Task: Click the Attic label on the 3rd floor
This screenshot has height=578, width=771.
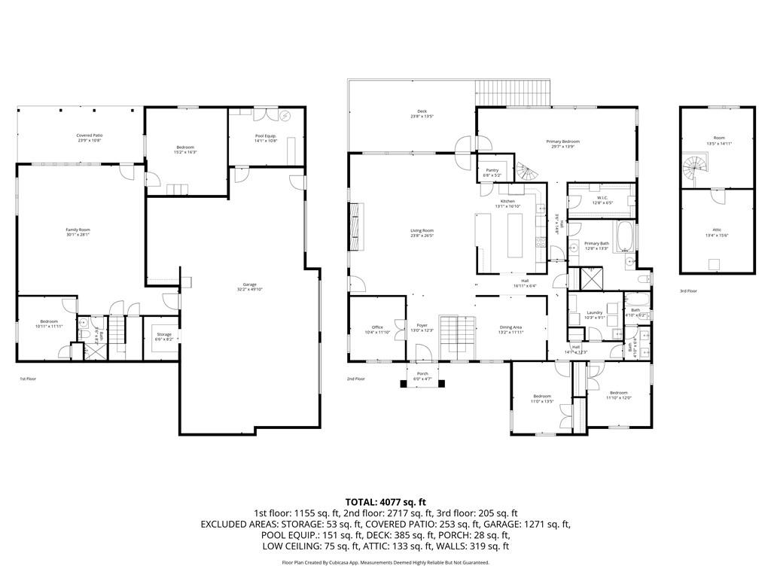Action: (x=717, y=232)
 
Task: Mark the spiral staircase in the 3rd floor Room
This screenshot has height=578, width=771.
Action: (x=695, y=164)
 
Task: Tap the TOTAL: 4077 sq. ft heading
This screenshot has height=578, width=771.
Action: (x=385, y=501)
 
